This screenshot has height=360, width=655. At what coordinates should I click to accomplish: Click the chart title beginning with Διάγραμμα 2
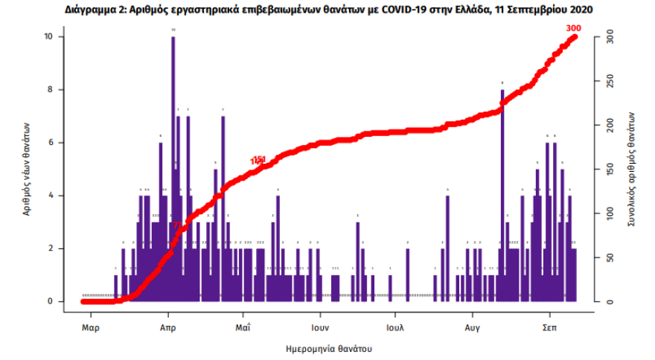pyautogui.click(x=327, y=8)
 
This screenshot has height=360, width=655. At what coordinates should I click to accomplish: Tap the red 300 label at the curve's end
pyautogui.click(x=573, y=28)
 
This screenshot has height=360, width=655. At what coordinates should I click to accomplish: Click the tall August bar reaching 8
pyautogui.click(x=502, y=193)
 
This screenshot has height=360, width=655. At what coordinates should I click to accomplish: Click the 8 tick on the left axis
pyautogui.click(x=50, y=90)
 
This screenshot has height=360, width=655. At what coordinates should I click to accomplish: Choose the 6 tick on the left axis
pyautogui.click(x=50, y=143)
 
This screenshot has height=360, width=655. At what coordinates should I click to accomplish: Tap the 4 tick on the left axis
pyautogui.click(x=50, y=196)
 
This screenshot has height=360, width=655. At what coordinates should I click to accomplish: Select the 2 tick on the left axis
pyautogui.click(x=50, y=248)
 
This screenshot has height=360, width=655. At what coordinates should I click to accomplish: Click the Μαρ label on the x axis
pyautogui.click(x=90, y=327)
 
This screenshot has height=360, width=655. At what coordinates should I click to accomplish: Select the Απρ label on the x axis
pyautogui.click(x=167, y=327)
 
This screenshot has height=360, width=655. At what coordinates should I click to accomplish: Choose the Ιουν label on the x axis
pyautogui.click(x=320, y=327)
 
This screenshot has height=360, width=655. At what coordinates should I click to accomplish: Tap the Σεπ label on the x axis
pyautogui.click(x=549, y=327)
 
